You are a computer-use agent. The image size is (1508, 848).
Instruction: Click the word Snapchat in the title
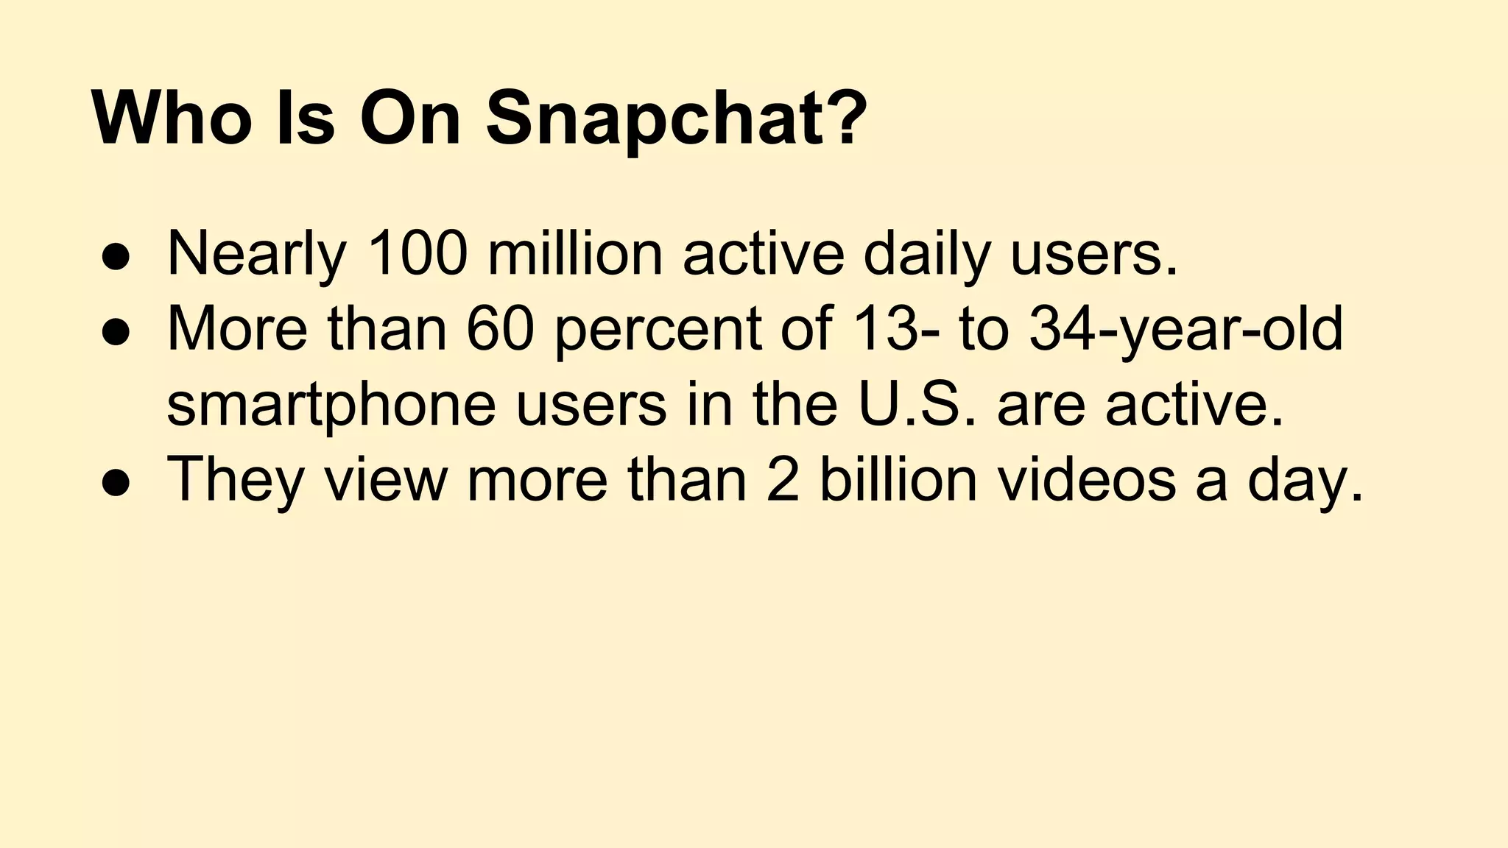(x=676, y=118)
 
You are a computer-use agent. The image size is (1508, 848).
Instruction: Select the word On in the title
(x=410, y=118)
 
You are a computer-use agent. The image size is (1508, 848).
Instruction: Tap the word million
(x=575, y=254)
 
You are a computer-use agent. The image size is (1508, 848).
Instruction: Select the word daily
(x=926, y=254)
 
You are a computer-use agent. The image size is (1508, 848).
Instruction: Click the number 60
(x=500, y=329)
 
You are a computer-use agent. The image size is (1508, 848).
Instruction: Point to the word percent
(x=657, y=329)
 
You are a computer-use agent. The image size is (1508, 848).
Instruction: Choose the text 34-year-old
(x=1185, y=329)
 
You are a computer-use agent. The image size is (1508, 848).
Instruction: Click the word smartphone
(x=331, y=405)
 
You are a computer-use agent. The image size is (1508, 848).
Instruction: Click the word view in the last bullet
(x=385, y=480)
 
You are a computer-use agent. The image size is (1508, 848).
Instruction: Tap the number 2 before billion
(x=782, y=480)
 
